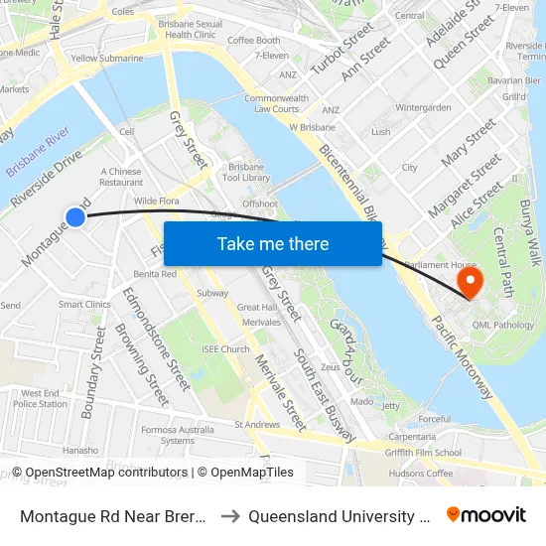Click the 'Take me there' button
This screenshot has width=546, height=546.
[x=273, y=243]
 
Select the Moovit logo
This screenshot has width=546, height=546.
[x=486, y=515]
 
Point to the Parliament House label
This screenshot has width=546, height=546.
[x=435, y=264]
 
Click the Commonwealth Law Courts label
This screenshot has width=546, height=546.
[x=271, y=103]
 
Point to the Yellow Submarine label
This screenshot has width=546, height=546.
[x=106, y=59]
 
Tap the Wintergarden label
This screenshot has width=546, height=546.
[x=423, y=107]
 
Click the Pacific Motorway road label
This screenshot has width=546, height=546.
[x=462, y=356]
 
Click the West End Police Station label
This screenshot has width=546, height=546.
[x=40, y=398]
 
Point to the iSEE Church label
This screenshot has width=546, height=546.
[x=225, y=349]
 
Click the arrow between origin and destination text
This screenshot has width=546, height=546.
[x=228, y=516]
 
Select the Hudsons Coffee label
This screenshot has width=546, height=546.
[x=421, y=474]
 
